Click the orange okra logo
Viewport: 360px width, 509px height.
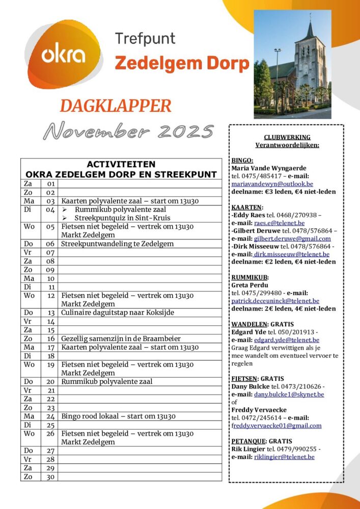pos(64,54)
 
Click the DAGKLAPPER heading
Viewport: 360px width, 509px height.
pos(115,106)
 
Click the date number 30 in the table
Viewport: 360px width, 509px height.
pos(50,477)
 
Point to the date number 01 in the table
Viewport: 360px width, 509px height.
pos(50,183)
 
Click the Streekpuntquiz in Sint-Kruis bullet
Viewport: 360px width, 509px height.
pos(122,218)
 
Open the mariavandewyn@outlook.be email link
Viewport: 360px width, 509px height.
pos(272,184)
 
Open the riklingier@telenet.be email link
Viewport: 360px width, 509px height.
pos(284,457)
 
